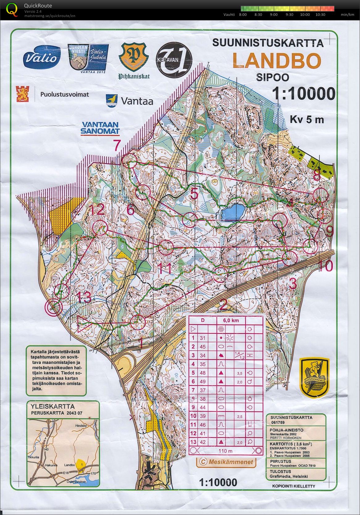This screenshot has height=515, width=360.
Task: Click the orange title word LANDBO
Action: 277,61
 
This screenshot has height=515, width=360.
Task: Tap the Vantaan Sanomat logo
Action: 100,128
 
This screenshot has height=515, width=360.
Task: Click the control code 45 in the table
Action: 203,347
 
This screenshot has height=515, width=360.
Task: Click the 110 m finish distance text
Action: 225,451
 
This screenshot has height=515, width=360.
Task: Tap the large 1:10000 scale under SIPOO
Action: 304,94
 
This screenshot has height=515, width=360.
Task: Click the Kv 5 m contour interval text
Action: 307,119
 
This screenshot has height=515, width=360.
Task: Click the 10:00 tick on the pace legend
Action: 305,15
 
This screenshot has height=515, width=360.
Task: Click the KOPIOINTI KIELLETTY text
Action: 294,486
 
